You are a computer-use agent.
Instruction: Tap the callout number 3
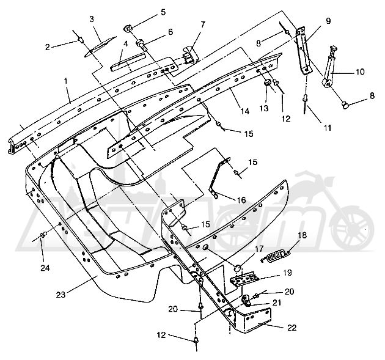[92, 19]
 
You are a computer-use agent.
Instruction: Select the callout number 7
[202, 24]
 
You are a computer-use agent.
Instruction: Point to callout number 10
[361, 72]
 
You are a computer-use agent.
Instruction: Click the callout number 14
[245, 111]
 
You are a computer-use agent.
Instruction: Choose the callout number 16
[241, 200]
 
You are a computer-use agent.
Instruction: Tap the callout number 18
[302, 235]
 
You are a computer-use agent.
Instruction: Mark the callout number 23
[61, 295]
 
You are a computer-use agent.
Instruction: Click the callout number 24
[45, 268]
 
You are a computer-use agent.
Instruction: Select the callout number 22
[291, 328]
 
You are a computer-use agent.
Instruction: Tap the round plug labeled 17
[238, 268]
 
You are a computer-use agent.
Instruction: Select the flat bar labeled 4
[128, 62]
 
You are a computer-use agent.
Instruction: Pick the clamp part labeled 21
[247, 301]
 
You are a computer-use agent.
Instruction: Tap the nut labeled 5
[127, 29]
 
